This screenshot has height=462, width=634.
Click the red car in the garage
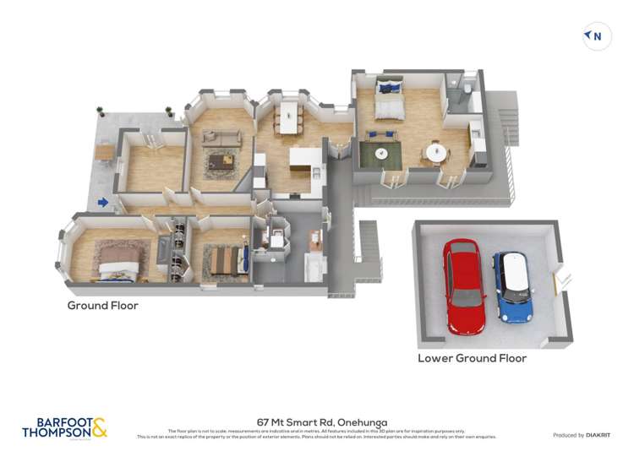(x=464, y=285)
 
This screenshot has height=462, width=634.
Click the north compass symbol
(x=597, y=36)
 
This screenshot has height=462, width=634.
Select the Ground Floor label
(x=103, y=306)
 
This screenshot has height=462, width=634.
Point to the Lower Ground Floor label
(x=472, y=358)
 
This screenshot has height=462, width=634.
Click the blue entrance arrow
(x=102, y=202)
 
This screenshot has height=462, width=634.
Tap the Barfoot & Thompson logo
(x=64, y=427)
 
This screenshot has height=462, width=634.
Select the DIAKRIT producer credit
(x=581, y=435)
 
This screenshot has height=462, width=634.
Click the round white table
(x=436, y=153)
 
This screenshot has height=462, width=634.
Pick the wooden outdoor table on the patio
(x=104, y=151)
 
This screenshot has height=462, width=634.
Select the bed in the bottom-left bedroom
(x=118, y=268)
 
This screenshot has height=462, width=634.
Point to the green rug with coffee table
(x=380, y=154)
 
